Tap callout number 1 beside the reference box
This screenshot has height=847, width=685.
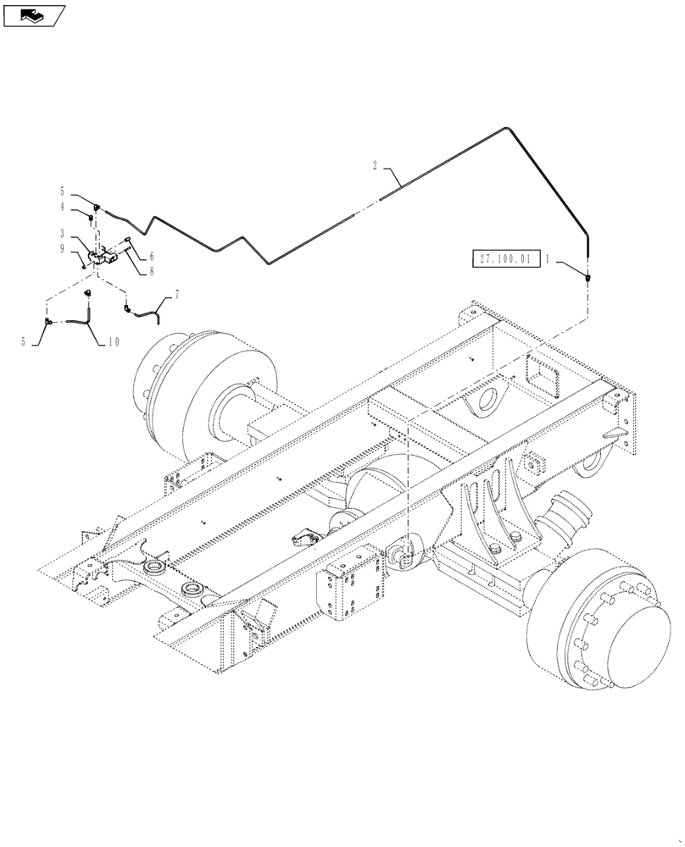point(548,261)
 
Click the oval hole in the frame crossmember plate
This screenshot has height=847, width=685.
point(490,403)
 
